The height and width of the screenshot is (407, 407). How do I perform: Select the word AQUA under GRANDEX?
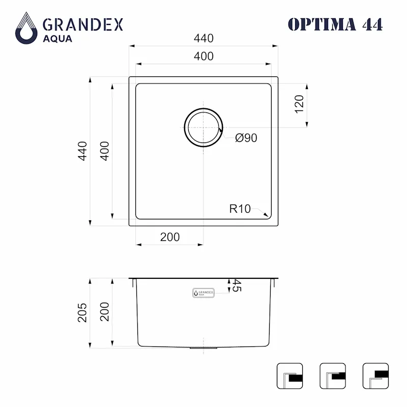[57, 39]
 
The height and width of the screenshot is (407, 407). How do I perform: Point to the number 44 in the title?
[371, 24]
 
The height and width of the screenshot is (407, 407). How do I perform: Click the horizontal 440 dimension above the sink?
[203, 39]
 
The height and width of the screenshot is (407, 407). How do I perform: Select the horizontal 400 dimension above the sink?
[203, 56]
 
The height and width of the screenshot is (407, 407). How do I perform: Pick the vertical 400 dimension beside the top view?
[104, 151]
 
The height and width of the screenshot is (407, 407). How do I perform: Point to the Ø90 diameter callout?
[246, 138]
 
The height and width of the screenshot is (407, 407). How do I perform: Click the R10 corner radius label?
[240, 208]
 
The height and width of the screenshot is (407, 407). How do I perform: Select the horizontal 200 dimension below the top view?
[169, 237]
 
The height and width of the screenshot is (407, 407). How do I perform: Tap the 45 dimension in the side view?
[236, 285]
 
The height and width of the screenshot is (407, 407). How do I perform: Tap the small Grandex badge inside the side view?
[203, 293]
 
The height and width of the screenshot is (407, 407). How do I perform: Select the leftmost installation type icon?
[289, 376]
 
